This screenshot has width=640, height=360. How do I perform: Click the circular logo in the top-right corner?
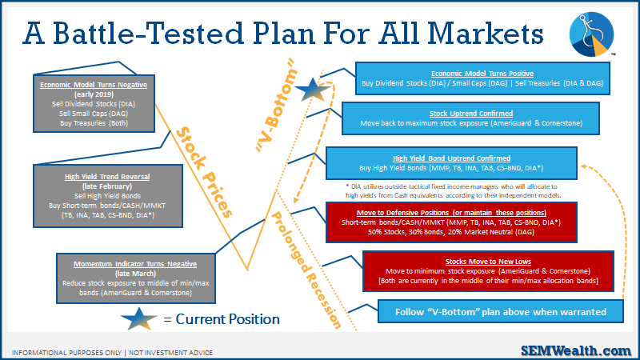[x=591, y=34]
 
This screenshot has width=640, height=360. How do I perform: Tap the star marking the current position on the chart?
[x=312, y=90]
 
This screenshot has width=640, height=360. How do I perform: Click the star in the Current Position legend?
[x=138, y=318]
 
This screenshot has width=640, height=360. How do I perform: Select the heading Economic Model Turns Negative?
[x=94, y=85]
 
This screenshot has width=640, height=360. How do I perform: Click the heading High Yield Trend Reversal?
[x=107, y=177]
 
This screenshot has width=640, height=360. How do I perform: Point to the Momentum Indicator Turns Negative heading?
[x=135, y=264]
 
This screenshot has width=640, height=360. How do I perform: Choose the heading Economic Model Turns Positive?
[x=482, y=74]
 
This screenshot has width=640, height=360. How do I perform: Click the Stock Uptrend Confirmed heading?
[x=471, y=114]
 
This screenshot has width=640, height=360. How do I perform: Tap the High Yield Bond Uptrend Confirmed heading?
[x=451, y=158]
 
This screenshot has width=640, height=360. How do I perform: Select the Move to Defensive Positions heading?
[x=451, y=213]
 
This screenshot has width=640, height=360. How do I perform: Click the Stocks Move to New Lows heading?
[x=488, y=262]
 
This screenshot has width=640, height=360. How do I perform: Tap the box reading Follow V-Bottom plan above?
[x=501, y=312]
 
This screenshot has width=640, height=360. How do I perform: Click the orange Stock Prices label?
[x=204, y=172]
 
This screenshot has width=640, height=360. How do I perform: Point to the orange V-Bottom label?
[x=276, y=106]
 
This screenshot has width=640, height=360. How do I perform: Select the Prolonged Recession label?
[x=306, y=270]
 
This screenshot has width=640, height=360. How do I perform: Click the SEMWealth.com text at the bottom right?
[x=576, y=350]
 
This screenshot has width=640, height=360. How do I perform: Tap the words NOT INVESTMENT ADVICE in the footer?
[x=171, y=353]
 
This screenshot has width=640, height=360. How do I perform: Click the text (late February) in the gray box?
[x=107, y=186]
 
